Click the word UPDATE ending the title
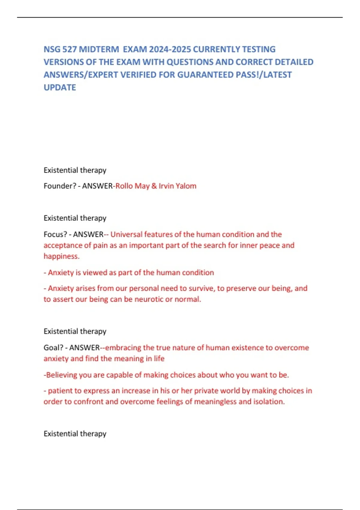(x=60, y=87)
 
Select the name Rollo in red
(x=124, y=186)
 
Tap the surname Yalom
(x=186, y=186)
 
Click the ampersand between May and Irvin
(x=154, y=186)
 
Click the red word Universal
(x=126, y=234)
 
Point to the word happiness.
(x=61, y=256)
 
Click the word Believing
(x=61, y=375)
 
